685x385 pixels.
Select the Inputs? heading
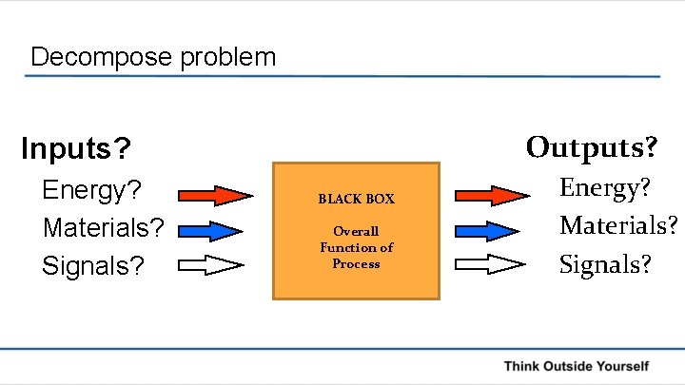(76, 148)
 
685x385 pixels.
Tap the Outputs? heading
(591, 147)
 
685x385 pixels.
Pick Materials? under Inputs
(104, 228)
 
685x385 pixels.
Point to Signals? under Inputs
(93, 265)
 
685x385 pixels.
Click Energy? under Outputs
(605, 188)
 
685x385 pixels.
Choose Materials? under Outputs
(618, 225)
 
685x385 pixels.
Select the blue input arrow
(210, 231)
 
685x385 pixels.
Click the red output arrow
(491, 195)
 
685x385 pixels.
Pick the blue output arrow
(491, 231)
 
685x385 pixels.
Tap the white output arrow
(491, 265)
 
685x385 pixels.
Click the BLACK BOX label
(356, 200)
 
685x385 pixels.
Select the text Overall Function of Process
(356, 247)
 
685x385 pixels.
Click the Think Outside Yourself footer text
(576, 366)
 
